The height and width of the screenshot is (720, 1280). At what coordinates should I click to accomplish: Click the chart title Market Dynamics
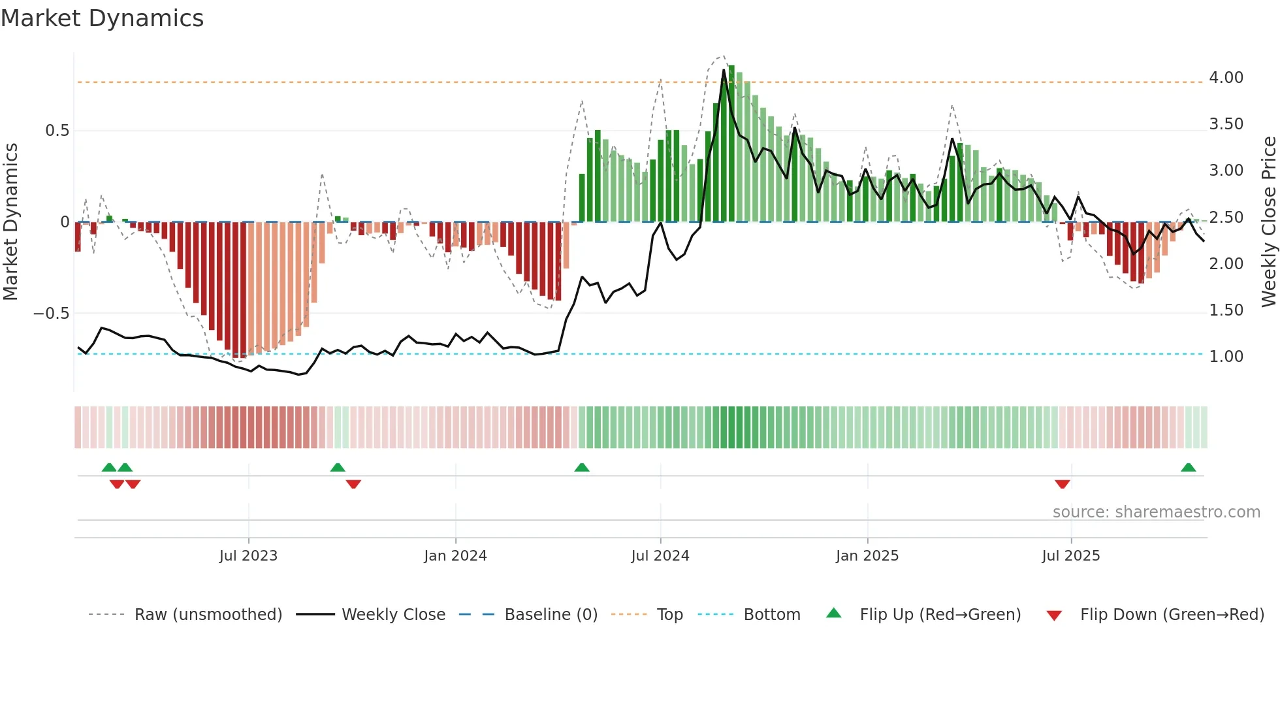(x=103, y=18)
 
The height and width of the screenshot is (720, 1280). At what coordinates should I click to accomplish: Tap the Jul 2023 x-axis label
(x=248, y=556)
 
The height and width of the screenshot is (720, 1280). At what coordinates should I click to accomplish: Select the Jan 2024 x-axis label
(x=455, y=556)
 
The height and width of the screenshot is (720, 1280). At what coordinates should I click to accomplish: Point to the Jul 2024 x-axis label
(x=660, y=556)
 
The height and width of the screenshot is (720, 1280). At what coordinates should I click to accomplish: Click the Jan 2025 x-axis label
(x=867, y=556)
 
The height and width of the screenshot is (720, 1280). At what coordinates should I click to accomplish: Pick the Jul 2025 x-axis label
(x=1071, y=556)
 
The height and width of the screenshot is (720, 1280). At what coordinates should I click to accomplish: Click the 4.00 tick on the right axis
(x=1226, y=78)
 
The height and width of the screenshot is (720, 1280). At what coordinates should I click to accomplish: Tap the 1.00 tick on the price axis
(x=1226, y=357)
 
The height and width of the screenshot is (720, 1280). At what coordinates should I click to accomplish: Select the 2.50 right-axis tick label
(x=1226, y=218)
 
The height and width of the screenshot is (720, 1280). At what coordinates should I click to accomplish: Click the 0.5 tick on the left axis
(x=57, y=131)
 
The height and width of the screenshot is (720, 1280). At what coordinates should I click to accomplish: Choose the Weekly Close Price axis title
(x=1269, y=221)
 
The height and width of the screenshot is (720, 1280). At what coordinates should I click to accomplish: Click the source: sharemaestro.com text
(x=1156, y=512)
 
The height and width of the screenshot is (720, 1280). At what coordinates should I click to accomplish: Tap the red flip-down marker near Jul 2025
(x=1063, y=484)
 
